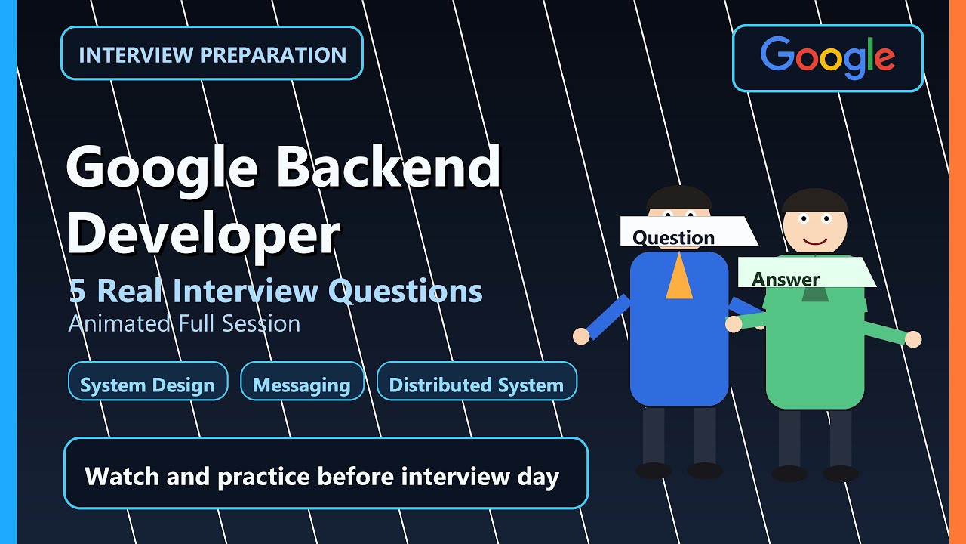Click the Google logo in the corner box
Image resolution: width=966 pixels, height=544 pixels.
point(828,57)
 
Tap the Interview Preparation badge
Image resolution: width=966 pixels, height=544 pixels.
point(212,54)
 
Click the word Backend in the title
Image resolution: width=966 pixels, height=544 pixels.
point(388,167)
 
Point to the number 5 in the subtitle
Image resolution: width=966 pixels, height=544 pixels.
point(77,291)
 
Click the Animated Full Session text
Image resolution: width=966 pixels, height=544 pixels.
point(184,323)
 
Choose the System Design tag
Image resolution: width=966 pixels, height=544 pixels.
point(147,385)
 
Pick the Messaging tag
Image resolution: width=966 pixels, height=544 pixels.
point(302,385)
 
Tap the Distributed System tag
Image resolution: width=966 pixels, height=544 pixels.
point(476,385)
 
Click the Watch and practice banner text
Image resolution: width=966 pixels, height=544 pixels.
point(322,477)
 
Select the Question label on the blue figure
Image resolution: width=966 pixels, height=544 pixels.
point(673,237)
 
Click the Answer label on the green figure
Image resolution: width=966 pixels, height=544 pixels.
point(786,279)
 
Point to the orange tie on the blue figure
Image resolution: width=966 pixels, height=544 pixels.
point(678,278)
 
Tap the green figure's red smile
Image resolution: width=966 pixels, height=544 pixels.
point(815,241)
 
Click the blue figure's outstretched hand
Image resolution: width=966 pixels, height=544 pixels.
point(581,336)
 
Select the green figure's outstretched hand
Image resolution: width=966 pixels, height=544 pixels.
point(913,339)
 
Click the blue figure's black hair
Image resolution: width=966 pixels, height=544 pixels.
point(679,198)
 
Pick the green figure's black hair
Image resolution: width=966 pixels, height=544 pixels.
point(815,200)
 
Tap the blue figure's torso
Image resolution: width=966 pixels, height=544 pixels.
point(678,348)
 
